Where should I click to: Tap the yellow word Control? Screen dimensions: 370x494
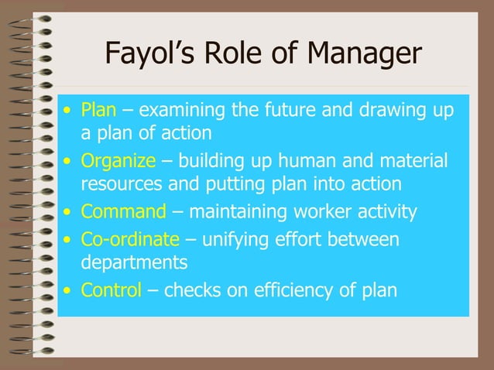111,290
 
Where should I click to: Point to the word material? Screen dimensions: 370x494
418,163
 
